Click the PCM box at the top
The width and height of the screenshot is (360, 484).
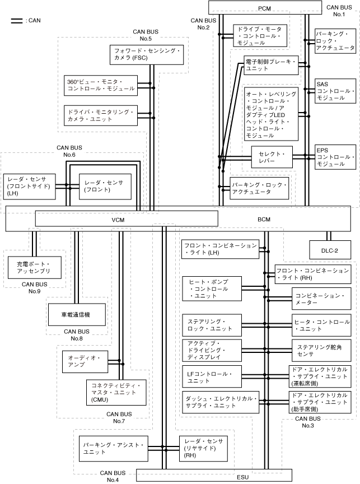(x=265, y=8)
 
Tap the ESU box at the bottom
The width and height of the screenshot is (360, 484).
(x=242, y=476)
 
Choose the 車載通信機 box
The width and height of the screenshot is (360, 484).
(x=77, y=315)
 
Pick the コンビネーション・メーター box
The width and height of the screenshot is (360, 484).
(x=322, y=299)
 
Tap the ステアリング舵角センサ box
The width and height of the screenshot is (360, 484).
(x=322, y=351)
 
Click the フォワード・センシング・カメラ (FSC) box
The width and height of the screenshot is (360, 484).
(x=148, y=54)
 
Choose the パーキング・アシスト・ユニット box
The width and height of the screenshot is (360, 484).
(x=113, y=448)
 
